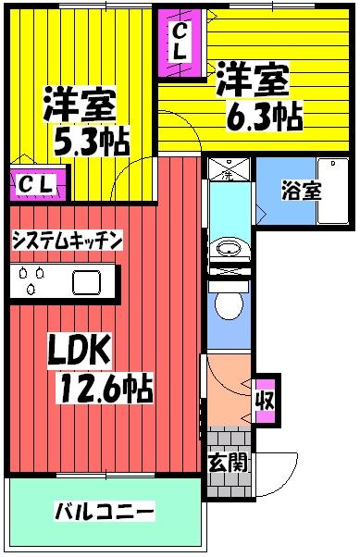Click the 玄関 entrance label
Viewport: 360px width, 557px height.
[x=228, y=464]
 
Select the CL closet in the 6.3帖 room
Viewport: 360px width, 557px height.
[x=178, y=43]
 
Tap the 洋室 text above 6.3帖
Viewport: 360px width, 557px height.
[x=252, y=79]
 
